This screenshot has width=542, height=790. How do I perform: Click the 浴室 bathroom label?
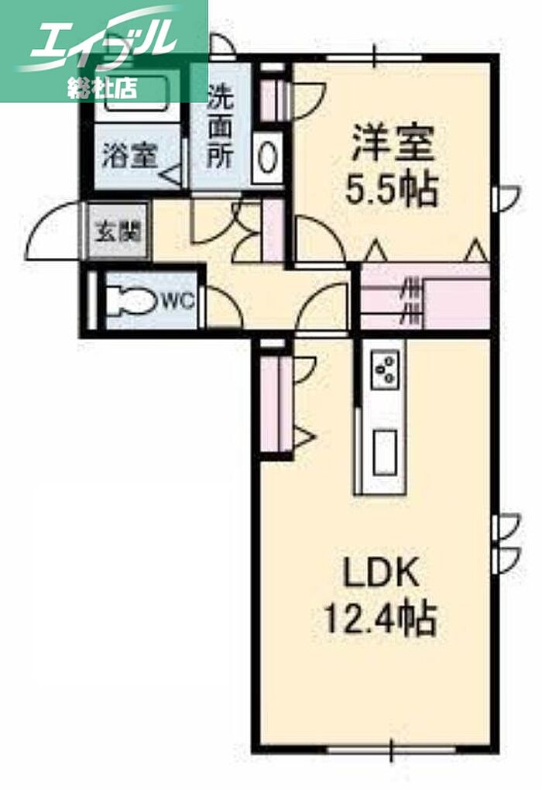[129, 155]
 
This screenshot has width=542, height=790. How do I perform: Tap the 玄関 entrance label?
[117, 231]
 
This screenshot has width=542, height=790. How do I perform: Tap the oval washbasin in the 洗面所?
[267, 157]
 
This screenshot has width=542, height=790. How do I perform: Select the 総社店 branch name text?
[101, 87]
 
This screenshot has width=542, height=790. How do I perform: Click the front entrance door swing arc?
[50, 228]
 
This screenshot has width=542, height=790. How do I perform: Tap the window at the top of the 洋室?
[374, 57]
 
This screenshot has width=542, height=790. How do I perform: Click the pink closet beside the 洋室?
[424, 297]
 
